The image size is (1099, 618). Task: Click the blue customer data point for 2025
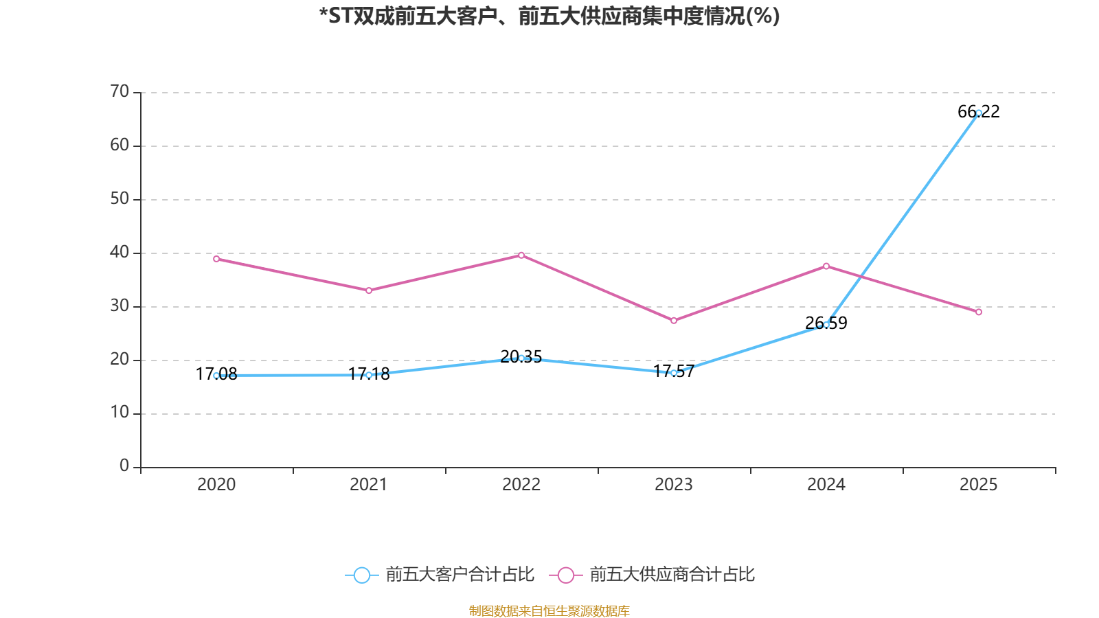pos(979,113)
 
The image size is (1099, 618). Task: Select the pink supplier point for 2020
pos(216,259)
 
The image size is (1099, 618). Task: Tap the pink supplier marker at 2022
pos(521,255)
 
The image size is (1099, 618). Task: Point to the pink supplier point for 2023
pos(674,321)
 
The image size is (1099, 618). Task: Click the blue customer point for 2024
pos(826,324)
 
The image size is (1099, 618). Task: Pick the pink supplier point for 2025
pos(979,312)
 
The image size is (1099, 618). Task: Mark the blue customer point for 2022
pos(521,358)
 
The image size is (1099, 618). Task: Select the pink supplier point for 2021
pos(369,290)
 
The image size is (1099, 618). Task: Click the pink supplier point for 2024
pos(826,266)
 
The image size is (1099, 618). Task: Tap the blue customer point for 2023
pos(674,373)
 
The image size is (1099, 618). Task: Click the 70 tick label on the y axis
pos(120,91)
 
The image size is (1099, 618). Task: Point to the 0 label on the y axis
pos(124,466)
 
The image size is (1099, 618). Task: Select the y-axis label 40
pos(120,252)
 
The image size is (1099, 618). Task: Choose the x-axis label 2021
pos(369,485)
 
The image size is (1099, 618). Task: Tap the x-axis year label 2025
pos(979,485)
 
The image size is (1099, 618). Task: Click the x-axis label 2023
pos(674,485)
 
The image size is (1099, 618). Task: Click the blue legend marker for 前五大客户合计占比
pos(361,575)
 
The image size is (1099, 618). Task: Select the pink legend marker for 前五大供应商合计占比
pos(565,575)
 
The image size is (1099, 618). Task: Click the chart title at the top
pos(549,16)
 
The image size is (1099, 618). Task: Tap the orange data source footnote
pos(549,610)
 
